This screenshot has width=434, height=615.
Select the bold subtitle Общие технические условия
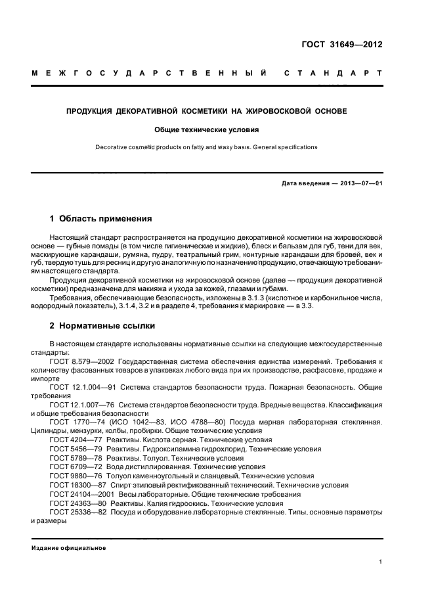pos(206,129)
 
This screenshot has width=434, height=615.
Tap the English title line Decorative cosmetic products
pos(206,147)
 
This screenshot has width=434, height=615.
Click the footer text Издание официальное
pos(69,548)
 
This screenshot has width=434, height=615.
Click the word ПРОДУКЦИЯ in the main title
pos(89,111)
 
